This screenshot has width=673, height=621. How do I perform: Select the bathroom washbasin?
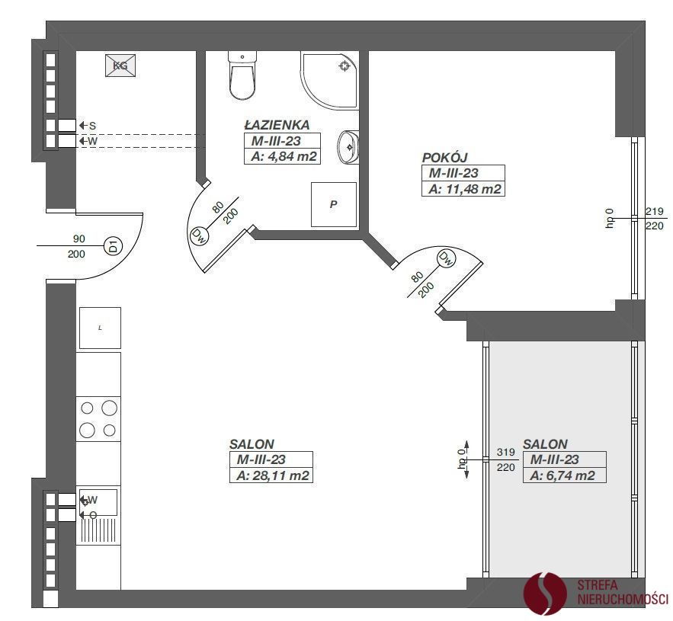348,147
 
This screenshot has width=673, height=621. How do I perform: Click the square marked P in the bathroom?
334,205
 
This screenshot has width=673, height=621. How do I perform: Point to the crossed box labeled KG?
120,66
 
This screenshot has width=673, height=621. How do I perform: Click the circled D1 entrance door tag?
114,246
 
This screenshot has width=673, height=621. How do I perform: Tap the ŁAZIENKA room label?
277,125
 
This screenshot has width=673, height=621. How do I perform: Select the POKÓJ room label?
444,158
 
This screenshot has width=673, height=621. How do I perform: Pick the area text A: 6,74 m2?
562,475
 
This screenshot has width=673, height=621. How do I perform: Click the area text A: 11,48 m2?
465,189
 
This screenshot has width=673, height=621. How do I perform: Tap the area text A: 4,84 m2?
284,156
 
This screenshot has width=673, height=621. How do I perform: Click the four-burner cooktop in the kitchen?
98,419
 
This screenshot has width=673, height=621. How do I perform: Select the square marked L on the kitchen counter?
100,328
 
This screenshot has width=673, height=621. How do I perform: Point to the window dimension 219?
655,211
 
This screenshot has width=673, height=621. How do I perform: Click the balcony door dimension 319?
505,452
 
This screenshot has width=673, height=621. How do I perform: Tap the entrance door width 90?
79,238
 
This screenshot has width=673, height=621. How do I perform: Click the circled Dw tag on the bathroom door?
199,235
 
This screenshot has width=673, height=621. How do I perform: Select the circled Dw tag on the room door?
447,259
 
